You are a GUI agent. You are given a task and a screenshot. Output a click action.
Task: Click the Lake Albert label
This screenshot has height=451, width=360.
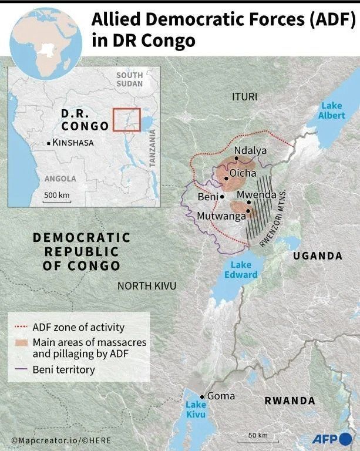[332, 110]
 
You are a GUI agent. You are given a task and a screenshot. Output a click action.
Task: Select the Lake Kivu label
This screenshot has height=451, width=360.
[196, 409]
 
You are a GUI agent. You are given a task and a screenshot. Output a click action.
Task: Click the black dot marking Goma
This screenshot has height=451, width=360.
[203, 396]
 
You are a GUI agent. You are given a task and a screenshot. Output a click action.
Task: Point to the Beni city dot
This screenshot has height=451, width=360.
[222, 197]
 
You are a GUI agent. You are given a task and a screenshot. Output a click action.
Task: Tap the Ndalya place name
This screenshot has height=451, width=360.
[250, 151]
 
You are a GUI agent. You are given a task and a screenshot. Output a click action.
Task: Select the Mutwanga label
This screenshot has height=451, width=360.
[221, 216]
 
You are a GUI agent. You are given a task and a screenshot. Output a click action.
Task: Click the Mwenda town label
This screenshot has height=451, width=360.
[256, 194]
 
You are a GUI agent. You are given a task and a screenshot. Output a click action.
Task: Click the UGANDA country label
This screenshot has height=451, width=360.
[317, 255]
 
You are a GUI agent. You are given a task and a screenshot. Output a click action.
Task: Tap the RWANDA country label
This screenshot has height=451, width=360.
[290, 400]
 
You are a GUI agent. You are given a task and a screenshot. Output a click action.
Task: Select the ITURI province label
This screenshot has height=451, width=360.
[244, 96]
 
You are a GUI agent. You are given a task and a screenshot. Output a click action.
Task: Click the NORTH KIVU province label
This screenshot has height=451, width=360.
[147, 285]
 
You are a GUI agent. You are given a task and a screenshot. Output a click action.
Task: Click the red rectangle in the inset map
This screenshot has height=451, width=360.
[126, 119]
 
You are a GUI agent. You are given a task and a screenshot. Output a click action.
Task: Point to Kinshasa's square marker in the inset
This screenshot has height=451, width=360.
[49, 143]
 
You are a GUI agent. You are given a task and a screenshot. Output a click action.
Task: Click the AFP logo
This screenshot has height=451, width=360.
[331, 439]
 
